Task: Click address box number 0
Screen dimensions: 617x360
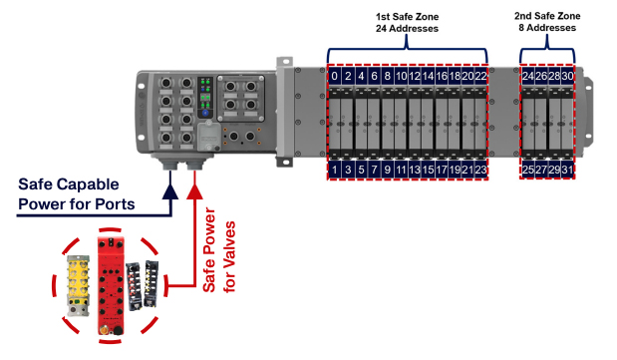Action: click(334, 75)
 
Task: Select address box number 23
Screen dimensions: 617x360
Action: click(480, 170)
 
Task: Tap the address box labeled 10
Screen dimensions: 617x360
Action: click(401, 75)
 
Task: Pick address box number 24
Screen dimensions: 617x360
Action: click(527, 75)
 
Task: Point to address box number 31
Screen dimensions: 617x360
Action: click(567, 170)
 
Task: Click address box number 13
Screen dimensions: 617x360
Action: click(415, 170)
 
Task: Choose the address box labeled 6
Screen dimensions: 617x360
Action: click(374, 75)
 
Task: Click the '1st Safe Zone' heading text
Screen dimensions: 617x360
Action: click(407, 17)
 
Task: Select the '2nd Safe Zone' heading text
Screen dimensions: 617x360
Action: click(547, 16)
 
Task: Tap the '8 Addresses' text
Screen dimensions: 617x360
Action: click(547, 28)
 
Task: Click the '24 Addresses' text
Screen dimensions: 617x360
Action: click(407, 28)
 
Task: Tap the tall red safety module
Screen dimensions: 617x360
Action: click(111, 285)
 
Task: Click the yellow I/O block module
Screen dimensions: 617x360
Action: click(78, 285)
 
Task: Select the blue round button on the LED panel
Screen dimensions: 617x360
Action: click(205, 113)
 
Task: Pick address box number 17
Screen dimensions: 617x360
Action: click(442, 170)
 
